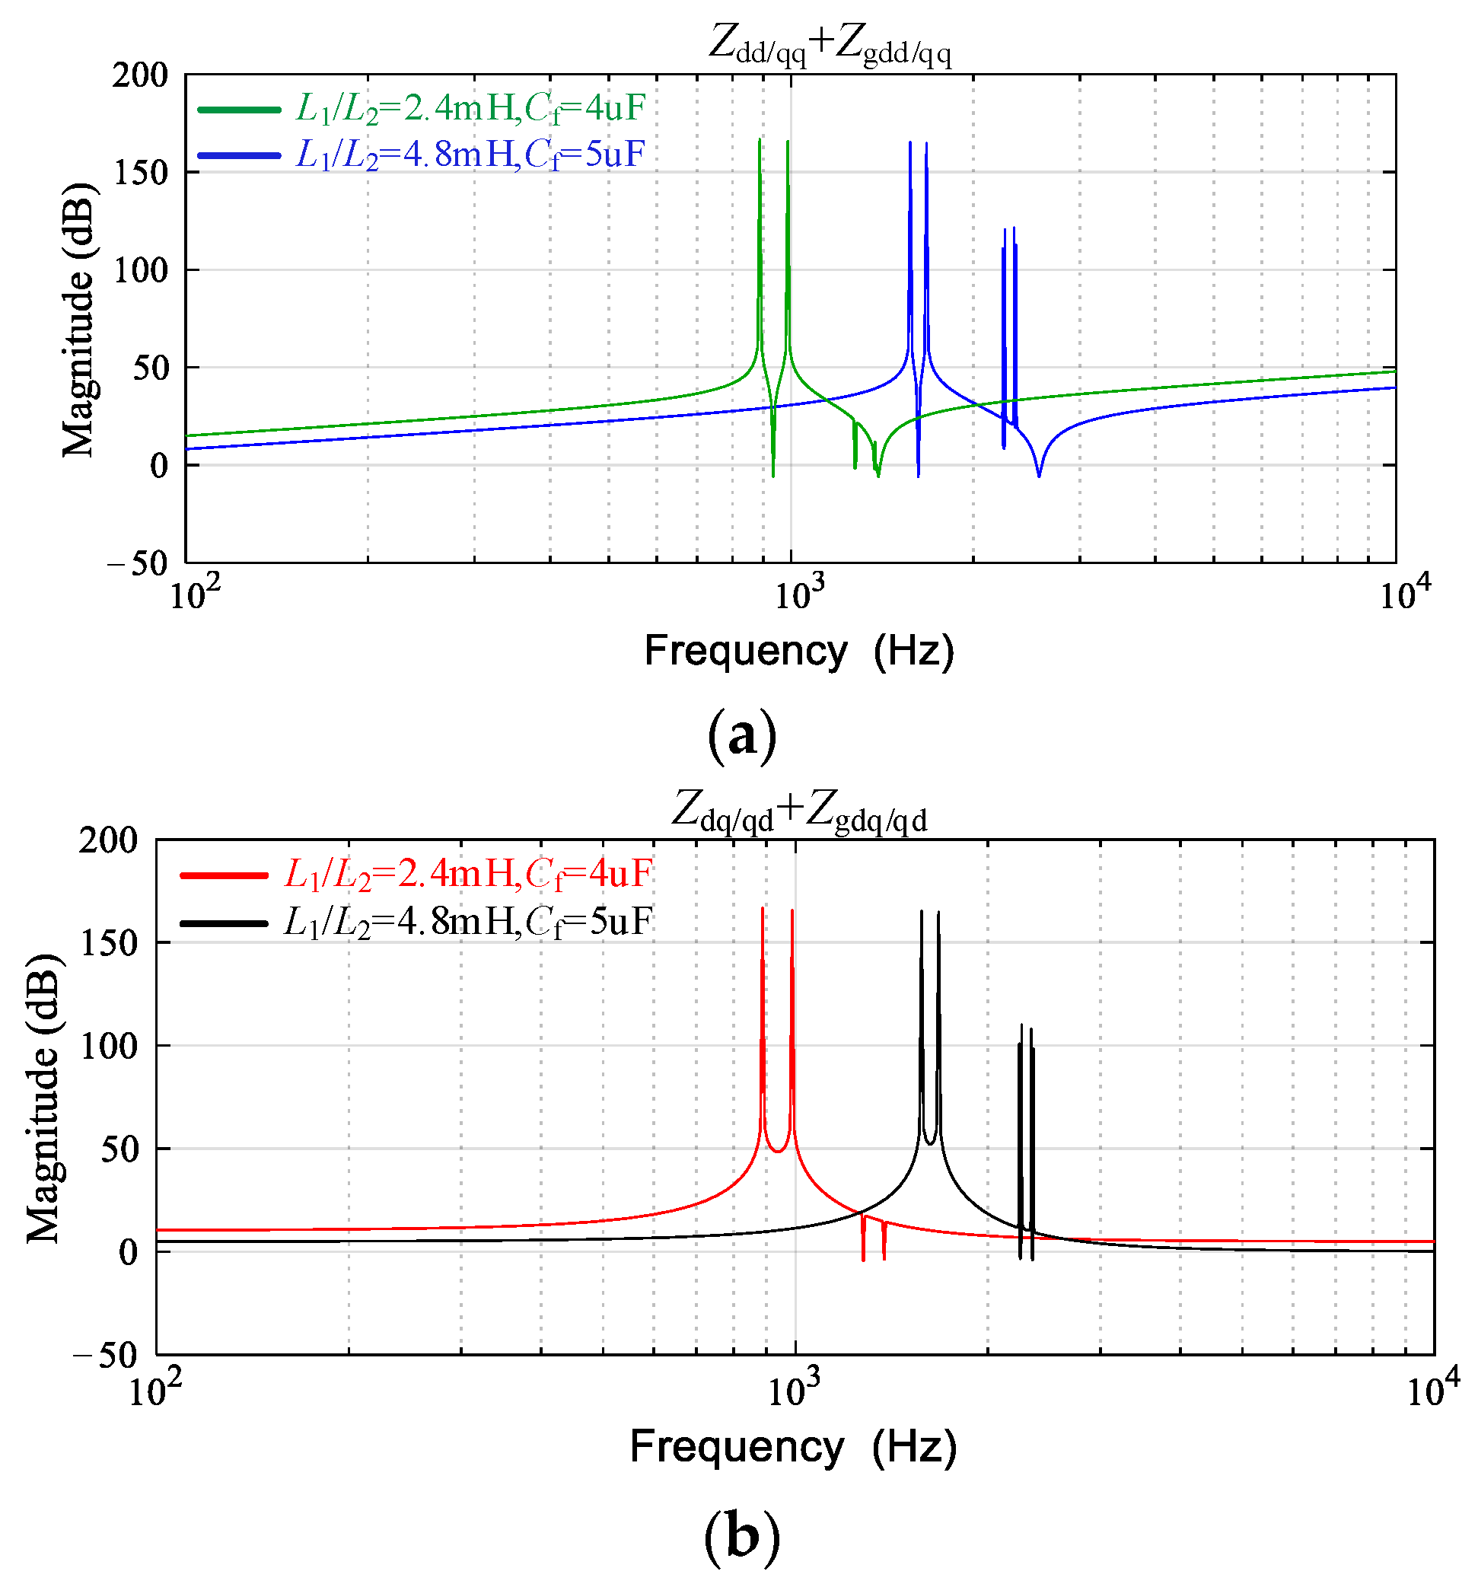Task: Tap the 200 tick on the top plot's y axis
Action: click(140, 75)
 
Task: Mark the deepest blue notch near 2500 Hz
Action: click(1038, 476)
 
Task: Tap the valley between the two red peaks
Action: click(777, 1151)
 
